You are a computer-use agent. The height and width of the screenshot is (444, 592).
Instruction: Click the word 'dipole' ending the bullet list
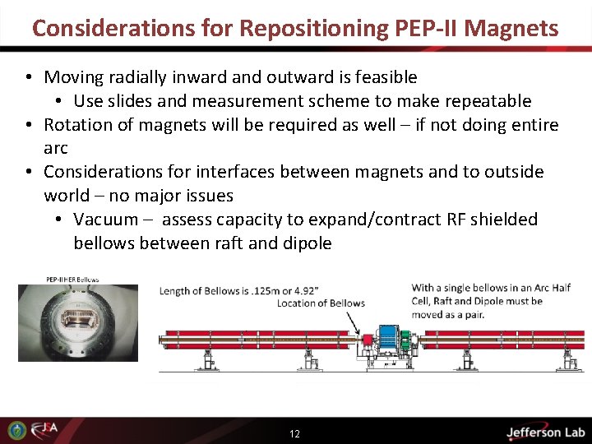(307, 243)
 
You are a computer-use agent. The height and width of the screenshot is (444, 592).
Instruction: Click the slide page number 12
(294, 433)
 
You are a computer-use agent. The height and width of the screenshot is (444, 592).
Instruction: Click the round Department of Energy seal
(16, 430)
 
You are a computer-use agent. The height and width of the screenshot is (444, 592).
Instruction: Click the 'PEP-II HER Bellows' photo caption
(72, 280)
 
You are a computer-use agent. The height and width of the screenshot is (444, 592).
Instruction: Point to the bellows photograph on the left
(78, 322)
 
